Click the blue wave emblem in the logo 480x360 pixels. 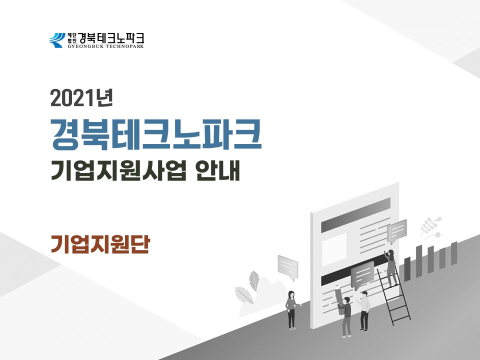[x=57, y=40]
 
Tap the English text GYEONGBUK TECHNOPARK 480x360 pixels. [x=105, y=46]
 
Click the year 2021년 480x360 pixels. [x=82, y=98]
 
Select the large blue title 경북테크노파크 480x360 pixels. [x=156, y=135]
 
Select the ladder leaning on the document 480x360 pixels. [x=393, y=295]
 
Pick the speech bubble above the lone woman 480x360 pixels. [x=288, y=267]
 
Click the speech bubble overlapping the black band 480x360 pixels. [x=362, y=275]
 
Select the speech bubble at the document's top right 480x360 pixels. [x=397, y=231]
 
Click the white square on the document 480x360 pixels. [x=333, y=249]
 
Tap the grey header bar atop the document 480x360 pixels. [x=355, y=214]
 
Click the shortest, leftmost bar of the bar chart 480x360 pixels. [x=407, y=269]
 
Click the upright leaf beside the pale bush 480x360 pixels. [x=254, y=281]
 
